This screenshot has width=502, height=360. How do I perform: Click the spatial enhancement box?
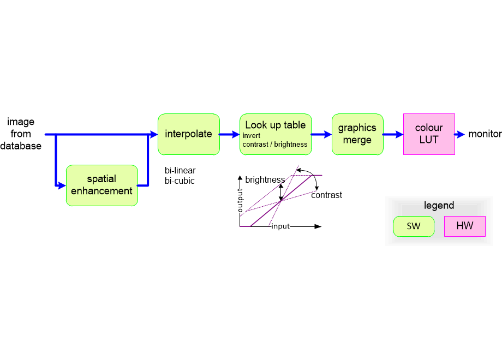point(101,185)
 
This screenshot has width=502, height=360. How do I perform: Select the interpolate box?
point(189,134)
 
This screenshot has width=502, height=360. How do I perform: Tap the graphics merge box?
point(357,134)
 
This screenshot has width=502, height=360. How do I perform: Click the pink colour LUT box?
point(429,134)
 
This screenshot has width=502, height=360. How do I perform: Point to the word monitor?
point(485,134)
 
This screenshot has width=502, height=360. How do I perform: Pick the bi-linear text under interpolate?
point(180,171)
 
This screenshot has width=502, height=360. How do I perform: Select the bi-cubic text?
point(180,181)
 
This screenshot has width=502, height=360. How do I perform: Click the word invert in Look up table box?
point(252,136)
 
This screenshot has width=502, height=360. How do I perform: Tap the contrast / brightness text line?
point(275,145)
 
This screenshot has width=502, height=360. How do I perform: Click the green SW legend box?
point(414,226)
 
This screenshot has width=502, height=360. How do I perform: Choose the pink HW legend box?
point(464,226)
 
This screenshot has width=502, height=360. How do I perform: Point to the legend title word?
point(439,206)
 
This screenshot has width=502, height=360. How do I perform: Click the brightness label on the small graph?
point(265,180)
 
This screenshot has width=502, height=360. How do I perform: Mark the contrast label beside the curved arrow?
point(326,195)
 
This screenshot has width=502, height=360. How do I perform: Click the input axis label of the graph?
point(280,226)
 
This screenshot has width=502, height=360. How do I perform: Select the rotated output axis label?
point(241,201)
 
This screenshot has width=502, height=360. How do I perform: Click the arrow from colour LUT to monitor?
point(460,134)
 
